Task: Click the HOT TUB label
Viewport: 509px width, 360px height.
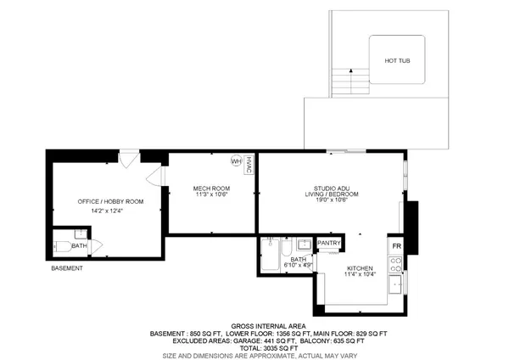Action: [x=398, y=60]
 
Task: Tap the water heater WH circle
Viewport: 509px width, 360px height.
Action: [x=236, y=160]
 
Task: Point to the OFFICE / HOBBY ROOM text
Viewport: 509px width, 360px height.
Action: [x=110, y=201]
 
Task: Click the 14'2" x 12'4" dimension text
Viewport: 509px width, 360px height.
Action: [x=110, y=211]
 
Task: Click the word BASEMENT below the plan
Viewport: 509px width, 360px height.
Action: [x=67, y=268]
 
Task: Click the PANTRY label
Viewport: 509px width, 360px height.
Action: [x=328, y=245]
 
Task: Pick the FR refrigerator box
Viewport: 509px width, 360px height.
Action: [x=396, y=246]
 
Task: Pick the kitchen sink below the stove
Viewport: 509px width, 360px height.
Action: [x=396, y=283]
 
